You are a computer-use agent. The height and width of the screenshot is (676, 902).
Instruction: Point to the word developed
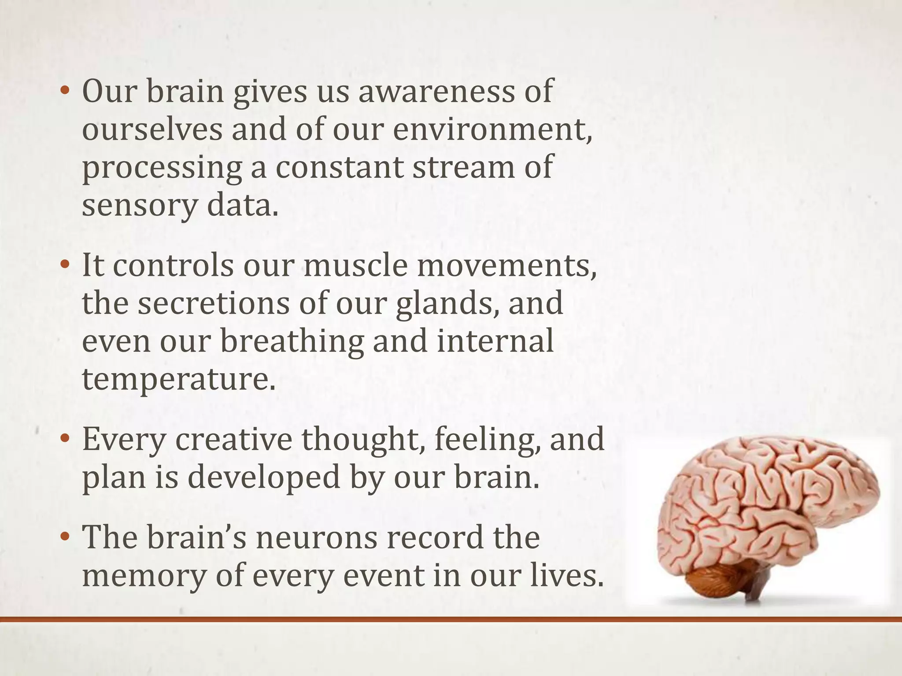264,478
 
